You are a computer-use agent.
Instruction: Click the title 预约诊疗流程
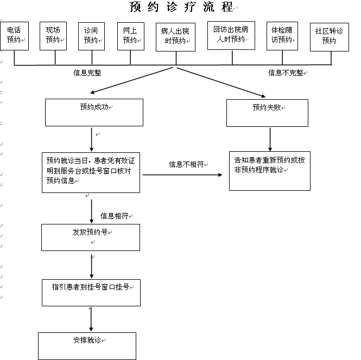coord(181,7)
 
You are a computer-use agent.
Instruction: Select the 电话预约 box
coord(15,36)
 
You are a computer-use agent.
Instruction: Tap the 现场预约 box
coord(53,36)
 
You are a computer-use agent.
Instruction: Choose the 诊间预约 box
coord(91,36)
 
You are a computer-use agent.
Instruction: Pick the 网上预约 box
coord(131,36)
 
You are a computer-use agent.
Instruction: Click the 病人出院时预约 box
coord(176,37)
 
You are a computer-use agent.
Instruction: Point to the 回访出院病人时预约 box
coord(231,35)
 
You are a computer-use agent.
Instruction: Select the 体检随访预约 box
coord(282,36)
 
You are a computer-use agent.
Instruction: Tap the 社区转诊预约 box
coord(330,37)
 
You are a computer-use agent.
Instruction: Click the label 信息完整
coord(87,73)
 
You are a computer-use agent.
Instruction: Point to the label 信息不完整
coord(286,73)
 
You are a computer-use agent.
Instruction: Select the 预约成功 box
coord(94,112)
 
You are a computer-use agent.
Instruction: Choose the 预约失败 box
coord(267,113)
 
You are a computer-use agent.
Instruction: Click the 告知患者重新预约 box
coord(270,171)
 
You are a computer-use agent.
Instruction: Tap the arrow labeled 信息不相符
coord(182,175)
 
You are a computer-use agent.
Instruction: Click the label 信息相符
coord(114,216)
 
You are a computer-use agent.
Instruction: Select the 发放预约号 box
coord(91,237)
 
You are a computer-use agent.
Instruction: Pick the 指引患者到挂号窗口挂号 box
coord(91,293)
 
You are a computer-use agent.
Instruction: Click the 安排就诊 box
coord(87,346)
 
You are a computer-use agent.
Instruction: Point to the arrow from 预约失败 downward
coord(270,139)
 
